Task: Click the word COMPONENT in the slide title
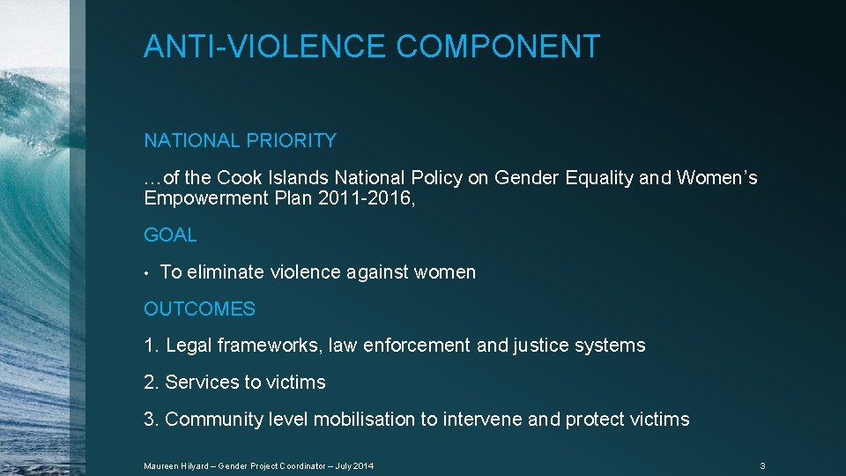pyautogui.click(x=498, y=46)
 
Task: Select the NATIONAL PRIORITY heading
pyautogui.click(x=240, y=140)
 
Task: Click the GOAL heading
pyautogui.click(x=170, y=235)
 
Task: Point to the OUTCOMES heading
pyautogui.click(x=199, y=309)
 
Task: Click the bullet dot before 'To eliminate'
pyautogui.click(x=147, y=273)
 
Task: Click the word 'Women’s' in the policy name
pyautogui.click(x=716, y=178)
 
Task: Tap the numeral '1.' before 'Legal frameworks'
pyautogui.click(x=151, y=346)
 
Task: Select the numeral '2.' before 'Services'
pyautogui.click(x=152, y=383)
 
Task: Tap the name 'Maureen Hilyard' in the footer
pyautogui.click(x=172, y=465)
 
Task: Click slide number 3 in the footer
pyautogui.click(x=762, y=465)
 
